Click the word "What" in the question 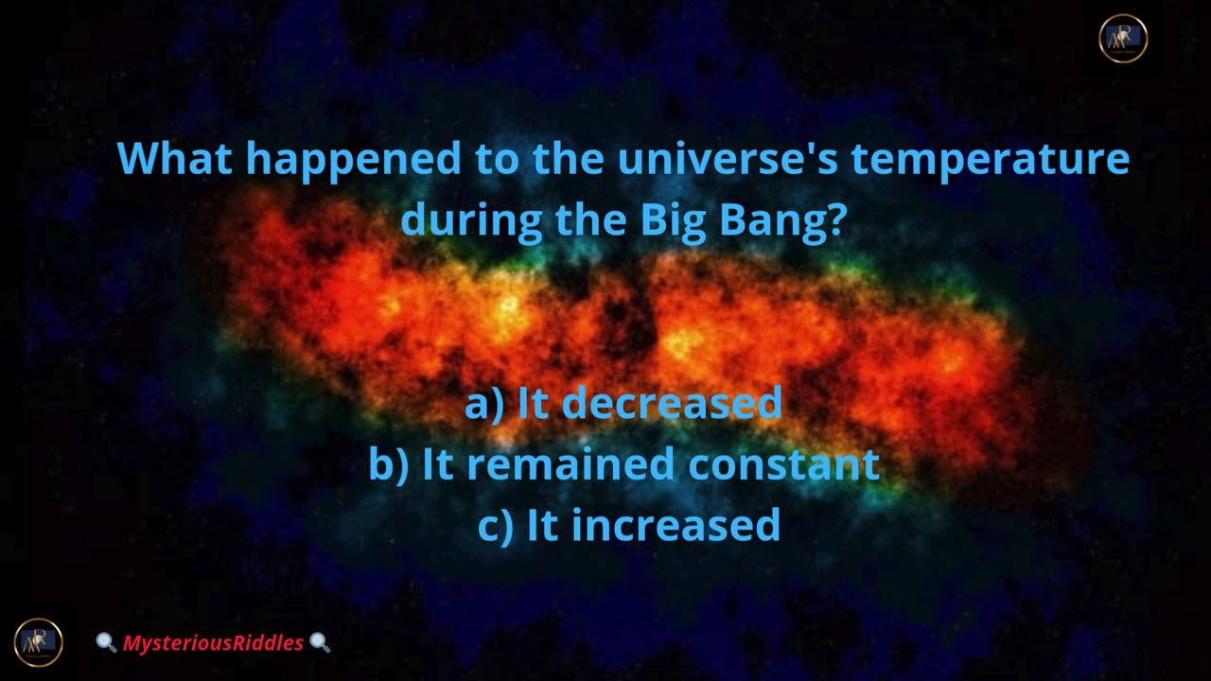pyautogui.click(x=175, y=158)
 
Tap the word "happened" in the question pyautogui.click(x=354, y=162)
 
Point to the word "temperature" pyautogui.click(x=991, y=162)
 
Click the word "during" pyautogui.click(x=471, y=223)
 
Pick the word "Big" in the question pyautogui.click(x=674, y=223)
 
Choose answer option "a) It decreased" pyautogui.click(x=623, y=403)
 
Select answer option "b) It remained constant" pyautogui.click(x=624, y=463)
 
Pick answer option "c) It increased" pyautogui.click(x=629, y=525)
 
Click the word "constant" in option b pyautogui.click(x=784, y=463)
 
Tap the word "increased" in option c pyautogui.click(x=676, y=524)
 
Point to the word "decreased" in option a pyautogui.click(x=672, y=403)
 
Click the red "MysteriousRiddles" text pyautogui.click(x=213, y=643)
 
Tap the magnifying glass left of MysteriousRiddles pyautogui.click(x=106, y=642)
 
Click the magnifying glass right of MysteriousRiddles pyautogui.click(x=320, y=642)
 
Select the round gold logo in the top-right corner pyautogui.click(x=1123, y=39)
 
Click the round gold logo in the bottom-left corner pyautogui.click(x=39, y=642)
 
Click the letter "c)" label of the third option pyautogui.click(x=496, y=526)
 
